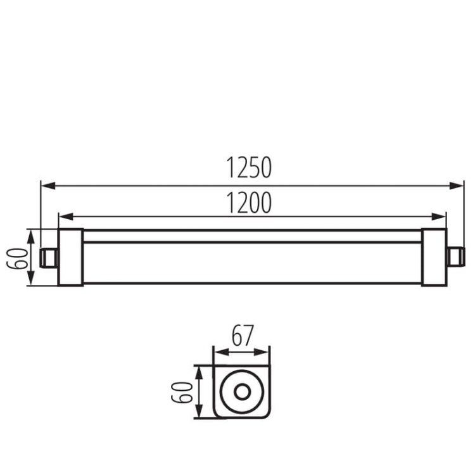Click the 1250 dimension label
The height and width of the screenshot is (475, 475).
(x=249, y=168)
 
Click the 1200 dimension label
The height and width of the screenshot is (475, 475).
(x=249, y=202)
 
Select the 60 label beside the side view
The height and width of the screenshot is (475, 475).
(x=20, y=257)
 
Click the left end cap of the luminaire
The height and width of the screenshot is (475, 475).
(x=70, y=257)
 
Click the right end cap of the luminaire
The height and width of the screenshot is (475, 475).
(x=434, y=257)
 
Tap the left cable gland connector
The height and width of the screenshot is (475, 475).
(x=48, y=257)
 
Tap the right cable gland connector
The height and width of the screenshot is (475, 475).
(x=455, y=257)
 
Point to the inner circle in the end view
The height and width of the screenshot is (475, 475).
(x=241, y=391)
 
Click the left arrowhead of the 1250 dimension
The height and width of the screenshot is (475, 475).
(x=46, y=186)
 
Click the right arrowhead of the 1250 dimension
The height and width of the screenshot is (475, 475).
(x=460, y=186)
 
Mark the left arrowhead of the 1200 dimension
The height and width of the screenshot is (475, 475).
(x=63, y=216)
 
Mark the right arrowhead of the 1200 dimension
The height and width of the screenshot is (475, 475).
(x=441, y=216)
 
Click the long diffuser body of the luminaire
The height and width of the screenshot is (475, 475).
(x=252, y=263)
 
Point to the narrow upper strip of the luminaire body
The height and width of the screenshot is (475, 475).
(x=252, y=236)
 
